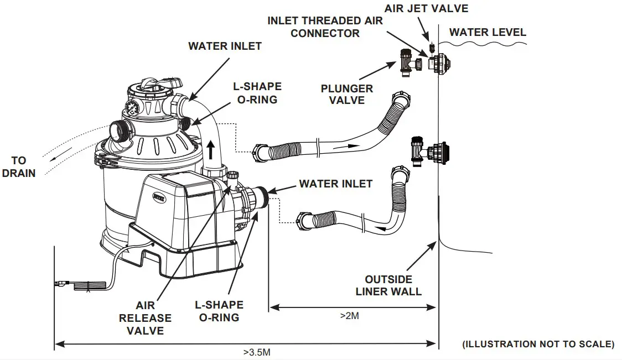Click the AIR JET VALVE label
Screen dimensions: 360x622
click(426, 8)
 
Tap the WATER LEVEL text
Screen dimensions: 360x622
click(488, 32)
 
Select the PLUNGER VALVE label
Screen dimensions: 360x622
click(346, 94)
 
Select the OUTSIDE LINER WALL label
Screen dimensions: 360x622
click(388, 285)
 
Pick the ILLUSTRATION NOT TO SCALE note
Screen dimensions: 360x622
click(538, 344)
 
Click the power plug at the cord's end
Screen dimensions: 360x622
click(83, 286)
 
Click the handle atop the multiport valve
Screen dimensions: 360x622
click(154, 85)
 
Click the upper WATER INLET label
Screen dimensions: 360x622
click(225, 46)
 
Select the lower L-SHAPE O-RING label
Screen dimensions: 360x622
click(219, 311)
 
